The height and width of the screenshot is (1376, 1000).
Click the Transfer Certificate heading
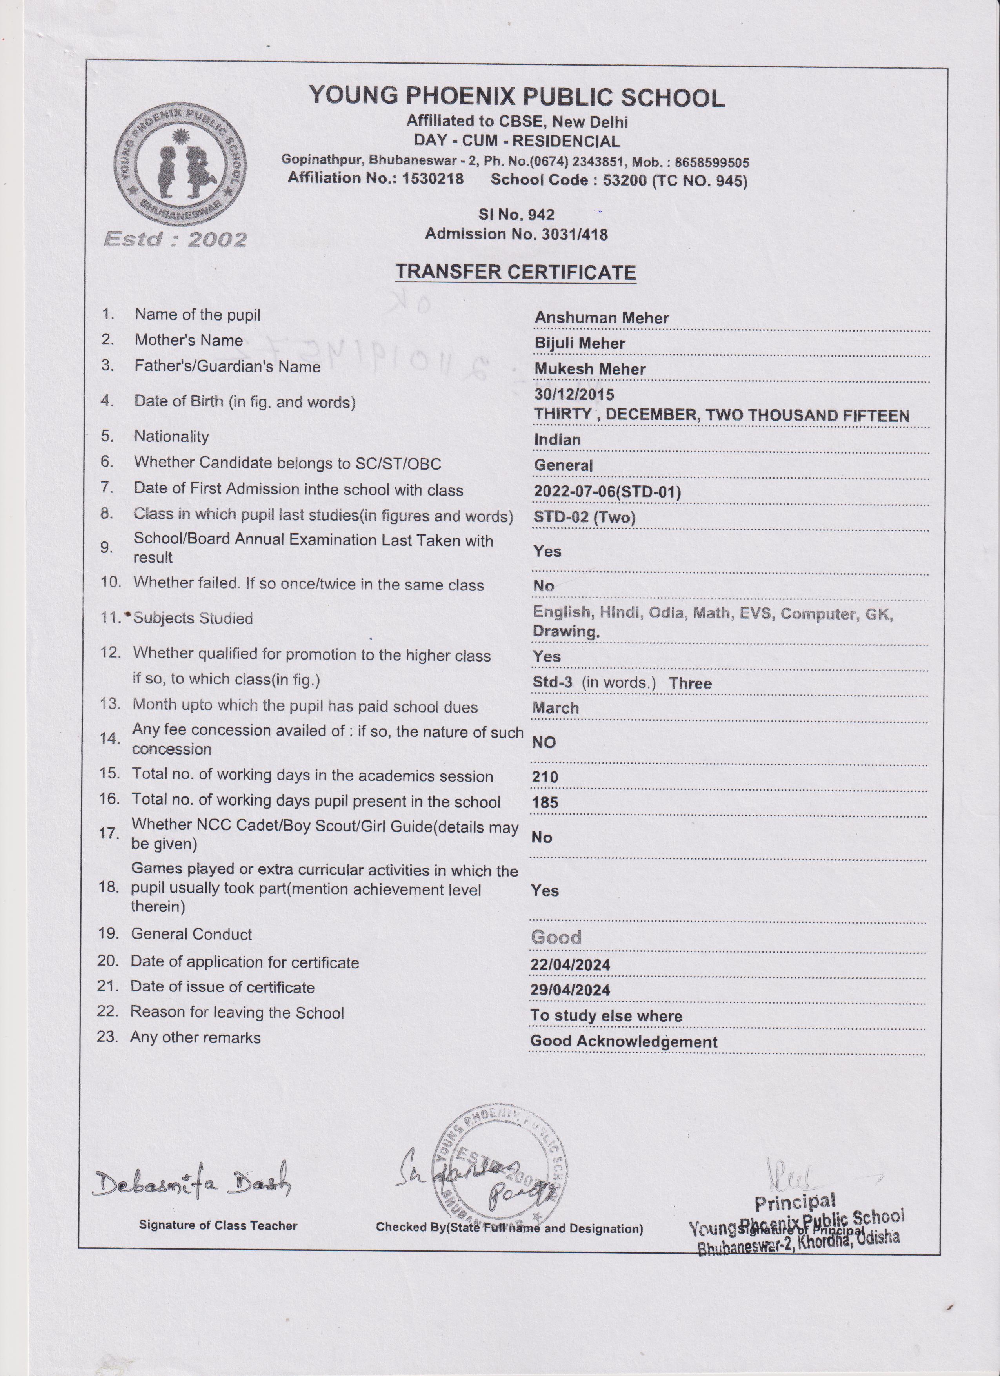tap(515, 272)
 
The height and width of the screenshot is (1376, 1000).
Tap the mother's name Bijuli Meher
tap(579, 343)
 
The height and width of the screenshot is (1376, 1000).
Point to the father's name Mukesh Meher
tap(589, 369)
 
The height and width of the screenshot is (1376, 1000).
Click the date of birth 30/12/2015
tap(574, 394)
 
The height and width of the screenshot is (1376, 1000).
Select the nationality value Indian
tap(557, 440)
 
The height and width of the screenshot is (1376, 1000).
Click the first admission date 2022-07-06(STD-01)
tap(607, 491)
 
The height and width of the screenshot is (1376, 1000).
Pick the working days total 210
tap(545, 776)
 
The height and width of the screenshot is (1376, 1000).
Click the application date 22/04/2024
tap(570, 965)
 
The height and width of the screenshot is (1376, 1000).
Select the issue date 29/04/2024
tap(570, 990)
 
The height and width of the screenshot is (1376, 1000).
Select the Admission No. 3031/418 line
tap(516, 234)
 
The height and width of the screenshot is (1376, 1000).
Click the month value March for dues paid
tap(555, 708)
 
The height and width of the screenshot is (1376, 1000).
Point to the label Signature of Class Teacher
tap(218, 1226)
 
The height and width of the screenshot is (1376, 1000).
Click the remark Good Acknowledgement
tap(624, 1042)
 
